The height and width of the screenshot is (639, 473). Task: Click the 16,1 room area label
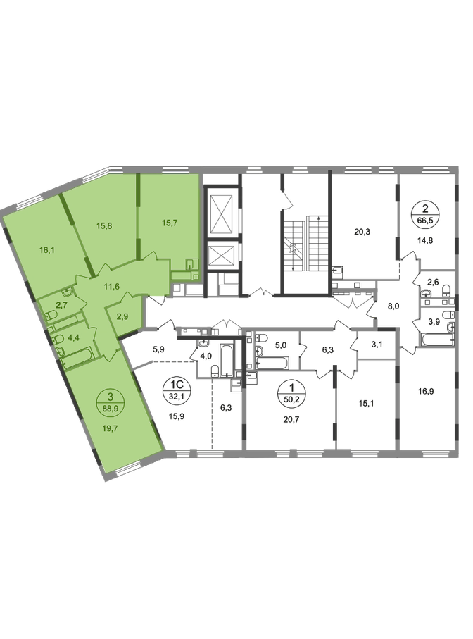pyautogui.click(x=47, y=250)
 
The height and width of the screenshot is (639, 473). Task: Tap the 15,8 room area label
pyautogui.click(x=104, y=225)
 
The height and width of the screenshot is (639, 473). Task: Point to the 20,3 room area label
pyautogui.click(x=362, y=232)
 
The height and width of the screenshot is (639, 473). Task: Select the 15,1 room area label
pyautogui.click(x=366, y=404)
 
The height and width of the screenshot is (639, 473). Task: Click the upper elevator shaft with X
pyautogui.click(x=222, y=214)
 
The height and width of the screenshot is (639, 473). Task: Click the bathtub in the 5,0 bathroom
pyautogui.click(x=272, y=362)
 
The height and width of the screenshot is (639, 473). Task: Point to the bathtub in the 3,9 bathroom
pyautogui.click(x=438, y=339)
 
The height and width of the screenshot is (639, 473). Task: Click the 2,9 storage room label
pyautogui.click(x=122, y=316)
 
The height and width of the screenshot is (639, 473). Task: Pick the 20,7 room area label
pyautogui.click(x=291, y=418)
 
